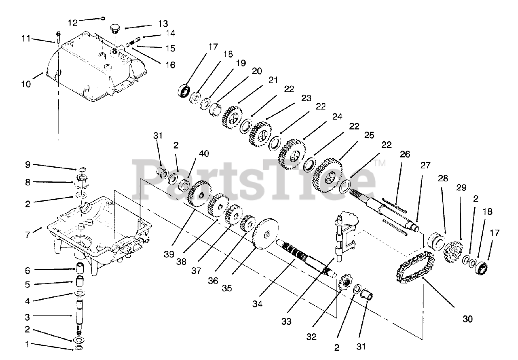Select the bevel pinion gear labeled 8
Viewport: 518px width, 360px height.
pos(81,179)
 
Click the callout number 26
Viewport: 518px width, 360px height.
pos(405,154)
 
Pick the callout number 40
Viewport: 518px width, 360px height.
pos(204,154)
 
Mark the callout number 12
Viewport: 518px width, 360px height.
pos(72,23)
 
